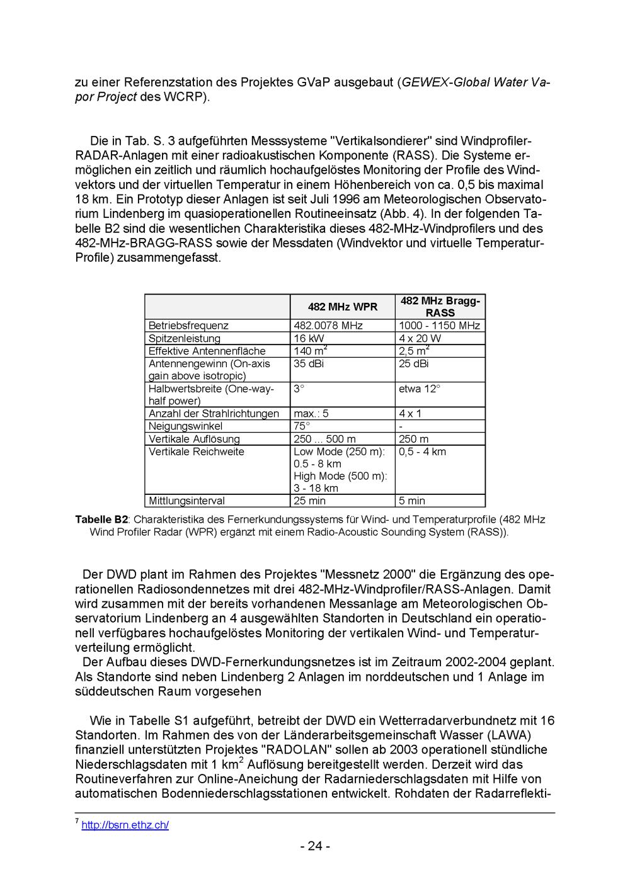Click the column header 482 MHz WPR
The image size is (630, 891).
coord(342,307)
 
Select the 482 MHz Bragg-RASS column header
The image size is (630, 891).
coord(440,307)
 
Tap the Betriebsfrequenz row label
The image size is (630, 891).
coord(188,326)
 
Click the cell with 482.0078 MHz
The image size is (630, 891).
coord(328,326)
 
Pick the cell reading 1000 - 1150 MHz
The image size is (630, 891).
coord(439,326)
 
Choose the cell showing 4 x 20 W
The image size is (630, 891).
coord(420,338)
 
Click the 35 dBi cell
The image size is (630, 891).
coord(309,363)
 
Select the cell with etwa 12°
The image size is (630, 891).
coord(420,389)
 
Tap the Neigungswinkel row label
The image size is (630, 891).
coord(185,426)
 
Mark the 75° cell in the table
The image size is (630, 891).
coord(302,426)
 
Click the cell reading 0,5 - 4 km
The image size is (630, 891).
coord(422,451)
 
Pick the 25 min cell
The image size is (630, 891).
coord(309,501)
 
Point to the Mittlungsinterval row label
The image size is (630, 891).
coord(186,501)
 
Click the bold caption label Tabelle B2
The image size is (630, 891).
coord(101,519)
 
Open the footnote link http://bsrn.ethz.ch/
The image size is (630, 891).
coord(125,825)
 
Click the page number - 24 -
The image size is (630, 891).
coord(315,846)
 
